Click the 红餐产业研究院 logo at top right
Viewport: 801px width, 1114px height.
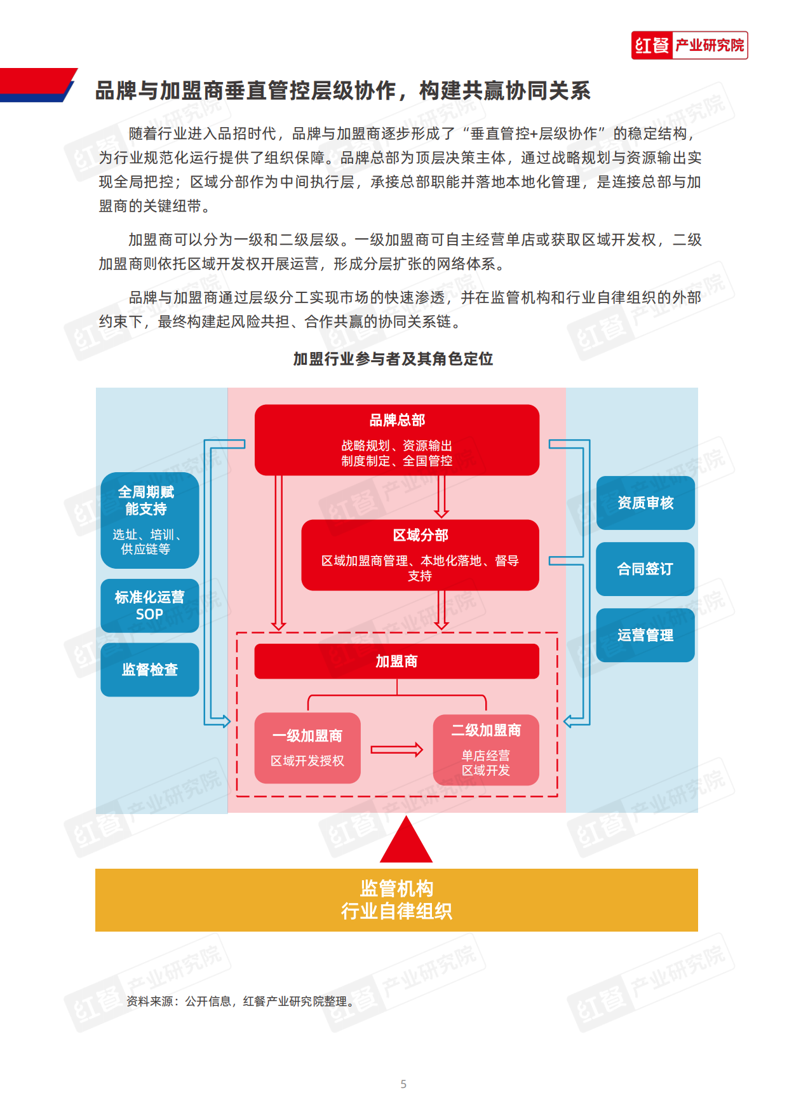pyautogui.click(x=689, y=45)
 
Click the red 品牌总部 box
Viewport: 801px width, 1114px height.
pyautogui.click(x=397, y=440)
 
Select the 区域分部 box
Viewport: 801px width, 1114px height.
pyautogui.click(x=420, y=555)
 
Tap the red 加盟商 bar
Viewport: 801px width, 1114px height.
pyautogui.click(x=397, y=662)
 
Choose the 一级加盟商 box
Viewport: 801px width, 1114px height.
pyautogui.click(x=307, y=748)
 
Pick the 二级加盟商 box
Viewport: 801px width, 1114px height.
pyautogui.click(x=486, y=750)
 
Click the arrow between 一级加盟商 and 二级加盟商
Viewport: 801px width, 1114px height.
pyautogui.click(x=397, y=750)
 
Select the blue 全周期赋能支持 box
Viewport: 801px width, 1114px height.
pyautogui.click(x=149, y=520)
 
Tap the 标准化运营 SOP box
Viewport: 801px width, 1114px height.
pyautogui.click(x=149, y=606)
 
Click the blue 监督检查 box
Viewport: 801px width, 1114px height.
pyautogui.click(x=149, y=670)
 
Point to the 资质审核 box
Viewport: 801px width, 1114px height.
pyautogui.click(x=645, y=503)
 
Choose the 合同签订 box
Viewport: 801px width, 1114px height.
pyautogui.click(x=645, y=569)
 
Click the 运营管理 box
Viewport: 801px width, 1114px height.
pyautogui.click(x=645, y=635)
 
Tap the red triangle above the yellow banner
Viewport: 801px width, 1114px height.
pyautogui.click(x=406, y=844)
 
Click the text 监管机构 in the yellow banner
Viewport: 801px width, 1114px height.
pyautogui.click(x=397, y=888)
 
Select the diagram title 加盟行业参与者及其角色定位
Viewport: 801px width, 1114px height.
pyautogui.click(x=393, y=359)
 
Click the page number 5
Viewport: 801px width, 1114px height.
pyautogui.click(x=403, y=1084)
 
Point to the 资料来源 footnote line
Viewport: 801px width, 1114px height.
pyautogui.click(x=240, y=1002)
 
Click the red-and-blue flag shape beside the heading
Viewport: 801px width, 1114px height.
pyautogui.click(x=37, y=85)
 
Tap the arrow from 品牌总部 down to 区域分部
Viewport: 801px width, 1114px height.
pyautogui.click(x=441, y=496)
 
